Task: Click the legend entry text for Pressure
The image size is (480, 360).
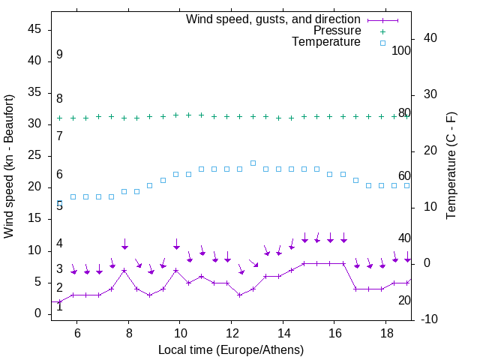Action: tap(337, 31)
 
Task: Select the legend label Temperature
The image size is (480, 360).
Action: tap(326, 42)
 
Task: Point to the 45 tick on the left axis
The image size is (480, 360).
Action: tap(34, 29)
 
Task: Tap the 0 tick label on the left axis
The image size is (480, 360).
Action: tap(37, 313)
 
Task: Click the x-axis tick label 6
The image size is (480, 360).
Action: tap(77, 334)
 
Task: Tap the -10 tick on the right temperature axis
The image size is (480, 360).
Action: tap(434, 319)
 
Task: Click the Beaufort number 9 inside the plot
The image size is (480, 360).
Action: tap(59, 55)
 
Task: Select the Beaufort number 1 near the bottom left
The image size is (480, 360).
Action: tap(59, 306)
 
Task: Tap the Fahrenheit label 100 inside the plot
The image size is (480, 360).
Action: tap(401, 50)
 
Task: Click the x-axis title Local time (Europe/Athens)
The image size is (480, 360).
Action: tap(231, 349)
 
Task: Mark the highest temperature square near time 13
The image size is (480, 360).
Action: tap(253, 163)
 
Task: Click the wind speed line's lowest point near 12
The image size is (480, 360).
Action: tap(239, 295)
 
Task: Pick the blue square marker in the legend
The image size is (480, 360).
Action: tap(382, 43)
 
